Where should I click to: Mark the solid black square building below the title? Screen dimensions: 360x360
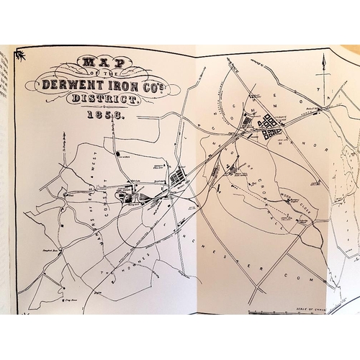pyautogui.click(x=117, y=153)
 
